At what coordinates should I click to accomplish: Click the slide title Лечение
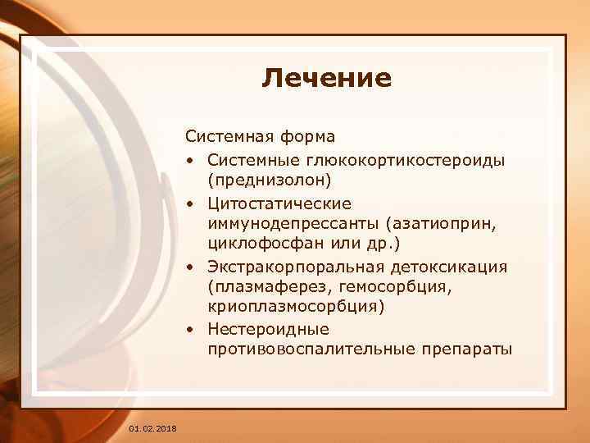[327, 78]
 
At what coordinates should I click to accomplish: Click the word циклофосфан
[259, 244]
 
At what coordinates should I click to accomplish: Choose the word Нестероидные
[268, 330]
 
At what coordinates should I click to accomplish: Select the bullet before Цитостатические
[189, 202]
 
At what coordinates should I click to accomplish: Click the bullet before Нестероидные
[189, 331]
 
